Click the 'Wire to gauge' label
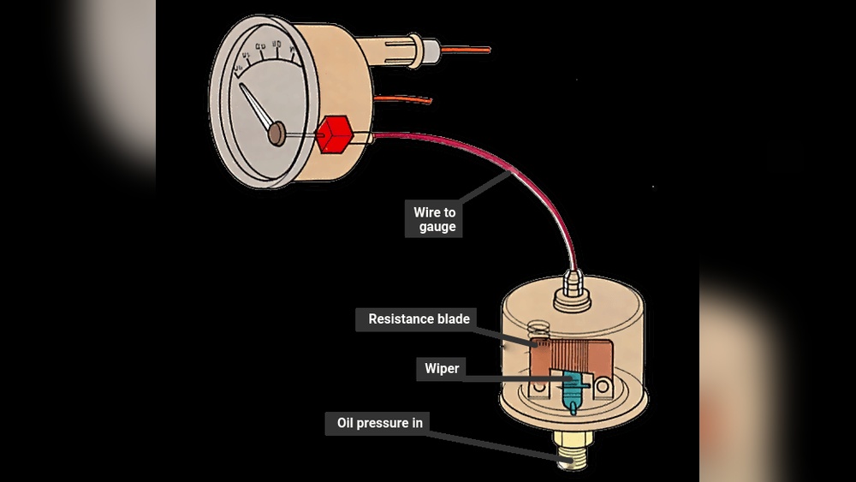(432, 219)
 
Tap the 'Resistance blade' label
(419, 319)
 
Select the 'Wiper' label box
(443, 369)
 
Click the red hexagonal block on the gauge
(334, 135)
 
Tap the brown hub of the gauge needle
(276, 133)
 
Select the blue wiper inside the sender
(568, 390)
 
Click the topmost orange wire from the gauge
(467, 50)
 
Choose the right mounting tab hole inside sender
(604, 388)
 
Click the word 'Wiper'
(443, 369)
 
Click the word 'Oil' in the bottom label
(346, 423)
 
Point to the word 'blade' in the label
(451, 319)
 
